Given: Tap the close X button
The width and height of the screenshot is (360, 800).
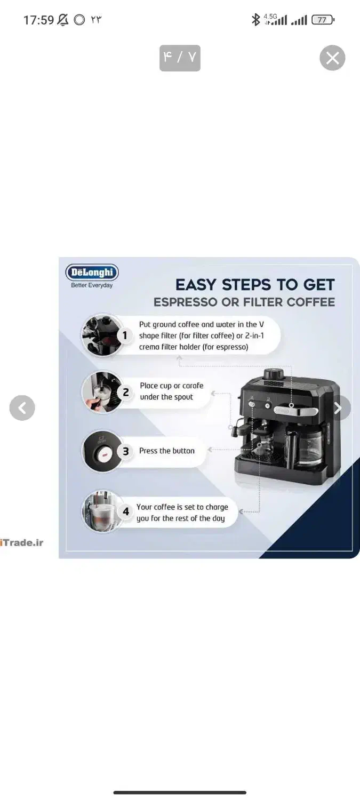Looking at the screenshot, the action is coord(332,58).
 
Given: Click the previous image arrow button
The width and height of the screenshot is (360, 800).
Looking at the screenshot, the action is coord(22,407).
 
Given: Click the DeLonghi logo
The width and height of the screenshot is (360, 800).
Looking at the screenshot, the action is coord(92,272).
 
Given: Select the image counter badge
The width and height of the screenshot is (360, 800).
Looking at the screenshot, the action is coord(180,58).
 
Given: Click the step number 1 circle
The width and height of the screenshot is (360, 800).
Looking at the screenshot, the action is coord(125,335).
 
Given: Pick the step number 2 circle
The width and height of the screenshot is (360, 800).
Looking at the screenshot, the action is coord(126,393).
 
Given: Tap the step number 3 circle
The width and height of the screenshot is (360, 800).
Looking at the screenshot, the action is coord(126,451).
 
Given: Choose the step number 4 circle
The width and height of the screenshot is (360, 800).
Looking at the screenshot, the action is coord(126,511).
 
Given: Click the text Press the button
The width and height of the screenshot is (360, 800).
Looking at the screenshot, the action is coord(167,451).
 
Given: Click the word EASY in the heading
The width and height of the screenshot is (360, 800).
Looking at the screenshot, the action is coord(196,285).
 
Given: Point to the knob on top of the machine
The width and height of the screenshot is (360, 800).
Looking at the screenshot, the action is coord(274,374).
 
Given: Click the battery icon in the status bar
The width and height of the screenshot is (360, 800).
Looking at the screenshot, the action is coord(323,20).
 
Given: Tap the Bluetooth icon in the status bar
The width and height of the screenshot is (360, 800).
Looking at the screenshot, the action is coord(255,20).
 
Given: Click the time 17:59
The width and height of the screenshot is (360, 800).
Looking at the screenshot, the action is coord(38,20).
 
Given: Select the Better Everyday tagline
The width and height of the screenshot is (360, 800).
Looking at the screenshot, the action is coord(92,285).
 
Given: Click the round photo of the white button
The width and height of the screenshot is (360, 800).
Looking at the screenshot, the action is coord(102,451).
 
